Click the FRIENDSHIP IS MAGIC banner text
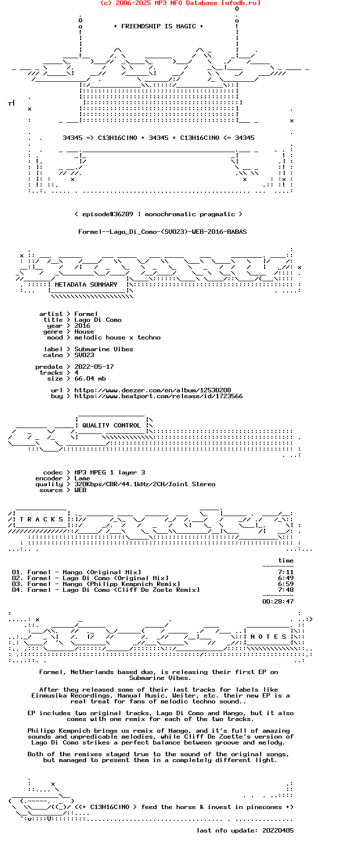(x=158, y=26)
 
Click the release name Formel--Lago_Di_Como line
(x=162, y=232)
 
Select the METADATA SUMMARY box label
(x=86, y=285)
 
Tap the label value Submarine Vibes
(x=104, y=349)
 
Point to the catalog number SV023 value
(x=84, y=355)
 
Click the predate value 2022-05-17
(x=94, y=367)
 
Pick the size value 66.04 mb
(x=90, y=379)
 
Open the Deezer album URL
(x=153, y=390)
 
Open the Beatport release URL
(x=158, y=396)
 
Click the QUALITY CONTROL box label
(x=112, y=426)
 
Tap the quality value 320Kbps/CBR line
(x=145, y=484)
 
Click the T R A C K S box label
(x=42, y=519)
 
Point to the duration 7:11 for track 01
(x=286, y=572)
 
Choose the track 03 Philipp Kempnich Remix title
(x=104, y=584)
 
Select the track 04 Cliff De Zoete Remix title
(x=113, y=590)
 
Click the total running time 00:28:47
(x=278, y=602)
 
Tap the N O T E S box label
(x=269, y=637)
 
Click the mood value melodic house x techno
(x=117, y=338)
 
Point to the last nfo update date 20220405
(x=278, y=831)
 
